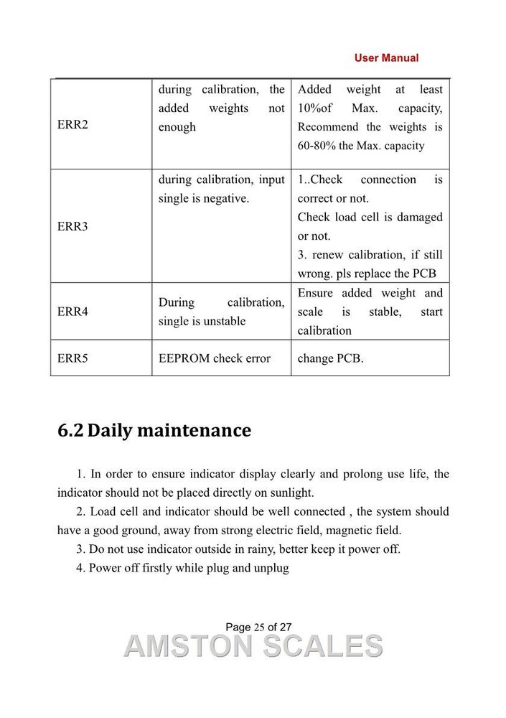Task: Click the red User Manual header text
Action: tap(386, 57)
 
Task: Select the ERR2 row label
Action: tap(72, 124)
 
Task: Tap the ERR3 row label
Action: tap(72, 226)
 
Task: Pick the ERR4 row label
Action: tap(72, 312)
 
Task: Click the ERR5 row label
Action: tap(72, 358)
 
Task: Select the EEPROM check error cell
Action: tap(215, 358)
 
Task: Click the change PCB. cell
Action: tap(331, 358)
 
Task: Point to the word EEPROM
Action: tap(184, 358)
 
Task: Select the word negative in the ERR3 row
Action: tap(225, 198)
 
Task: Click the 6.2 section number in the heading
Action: tap(70, 431)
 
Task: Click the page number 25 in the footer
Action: tap(259, 628)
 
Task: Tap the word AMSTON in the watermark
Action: tap(188, 646)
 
